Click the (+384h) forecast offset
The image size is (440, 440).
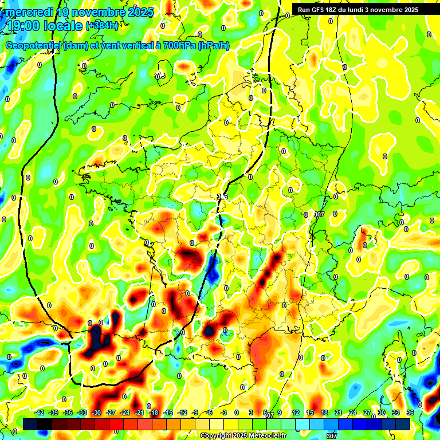click(x=102, y=26)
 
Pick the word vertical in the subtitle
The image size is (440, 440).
click(x=130, y=46)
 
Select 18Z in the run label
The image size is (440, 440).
click(x=334, y=10)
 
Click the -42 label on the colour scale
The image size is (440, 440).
click(x=39, y=412)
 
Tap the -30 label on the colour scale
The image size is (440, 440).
click(x=96, y=412)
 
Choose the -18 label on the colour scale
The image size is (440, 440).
click(x=153, y=412)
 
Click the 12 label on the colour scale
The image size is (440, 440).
click(x=296, y=412)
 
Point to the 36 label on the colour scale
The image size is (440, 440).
click(x=410, y=412)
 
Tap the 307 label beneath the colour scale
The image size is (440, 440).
click(x=331, y=435)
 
